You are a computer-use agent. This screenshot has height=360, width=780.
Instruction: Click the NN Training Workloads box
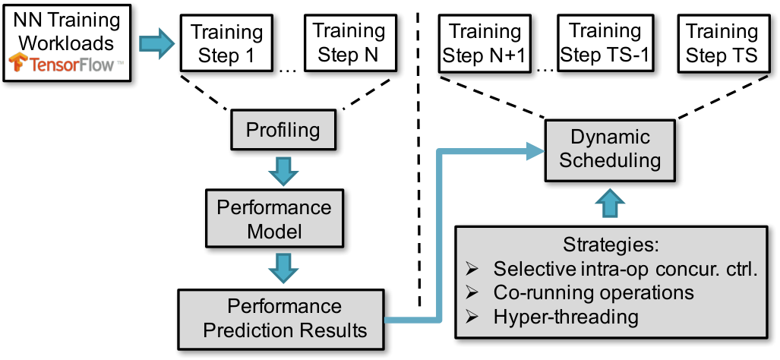67,43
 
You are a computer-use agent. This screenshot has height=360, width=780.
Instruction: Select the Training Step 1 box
227,43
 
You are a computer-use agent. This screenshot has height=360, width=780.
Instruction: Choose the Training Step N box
348,43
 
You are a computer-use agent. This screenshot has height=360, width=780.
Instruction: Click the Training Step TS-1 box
605,43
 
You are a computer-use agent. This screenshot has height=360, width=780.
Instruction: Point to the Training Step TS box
722,43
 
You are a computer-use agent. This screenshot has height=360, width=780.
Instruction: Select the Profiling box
283,131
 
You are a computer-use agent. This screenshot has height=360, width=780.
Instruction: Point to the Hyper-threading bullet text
566,316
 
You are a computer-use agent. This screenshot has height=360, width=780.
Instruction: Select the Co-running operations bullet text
594,292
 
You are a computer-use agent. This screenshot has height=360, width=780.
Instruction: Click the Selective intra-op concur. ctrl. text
626,269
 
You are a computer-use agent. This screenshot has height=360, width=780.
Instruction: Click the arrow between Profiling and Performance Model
283,170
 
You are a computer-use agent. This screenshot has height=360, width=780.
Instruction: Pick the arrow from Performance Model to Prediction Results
283,269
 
